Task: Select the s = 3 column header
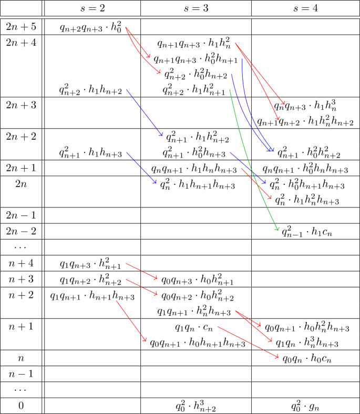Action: pyautogui.click(x=196, y=8)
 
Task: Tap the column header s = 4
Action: pyautogui.click(x=305, y=8)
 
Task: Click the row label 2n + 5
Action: pyautogui.click(x=20, y=26)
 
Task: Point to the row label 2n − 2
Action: pyautogui.click(x=20, y=231)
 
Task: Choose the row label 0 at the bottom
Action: pyautogui.click(x=20, y=406)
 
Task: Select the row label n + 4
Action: pyautogui.click(x=20, y=263)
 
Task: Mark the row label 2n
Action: pyautogui.click(x=20, y=183)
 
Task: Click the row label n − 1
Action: pyautogui.click(x=20, y=374)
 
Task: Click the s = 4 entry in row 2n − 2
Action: pyautogui.click(x=308, y=231)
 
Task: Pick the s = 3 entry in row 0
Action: pyautogui.click(x=196, y=405)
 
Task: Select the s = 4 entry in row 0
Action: pyautogui.click(x=305, y=406)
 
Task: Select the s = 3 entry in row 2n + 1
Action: pyautogui.click(x=194, y=169)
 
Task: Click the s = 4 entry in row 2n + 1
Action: pyautogui.click(x=305, y=169)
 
